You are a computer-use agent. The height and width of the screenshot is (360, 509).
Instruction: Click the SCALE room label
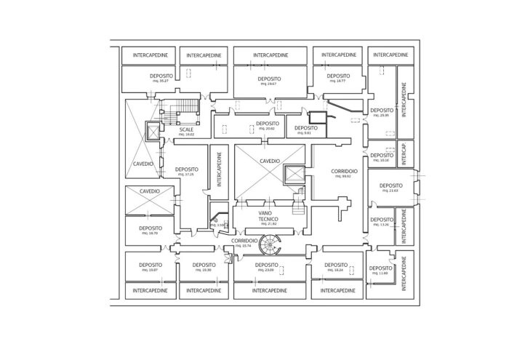(x=187, y=129)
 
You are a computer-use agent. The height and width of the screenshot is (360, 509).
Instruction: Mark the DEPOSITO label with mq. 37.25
(x=188, y=170)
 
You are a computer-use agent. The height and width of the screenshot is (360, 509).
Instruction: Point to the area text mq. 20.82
(x=268, y=129)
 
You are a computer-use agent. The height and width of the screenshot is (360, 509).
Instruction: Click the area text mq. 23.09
(x=268, y=270)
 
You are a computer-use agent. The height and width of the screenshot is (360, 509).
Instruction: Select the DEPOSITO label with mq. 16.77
(x=338, y=76)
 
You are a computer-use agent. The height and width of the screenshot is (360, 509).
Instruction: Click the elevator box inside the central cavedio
(x=293, y=175)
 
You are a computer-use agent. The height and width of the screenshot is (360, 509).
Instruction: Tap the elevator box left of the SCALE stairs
(x=154, y=132)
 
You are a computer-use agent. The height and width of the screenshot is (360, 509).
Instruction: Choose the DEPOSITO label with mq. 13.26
(x=379, y=220)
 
